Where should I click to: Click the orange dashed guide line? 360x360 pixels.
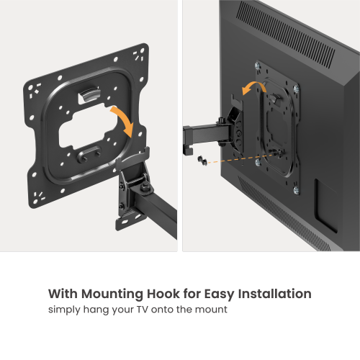tap(245, 158)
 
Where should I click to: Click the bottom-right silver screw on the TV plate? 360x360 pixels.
tap(295, 189)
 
